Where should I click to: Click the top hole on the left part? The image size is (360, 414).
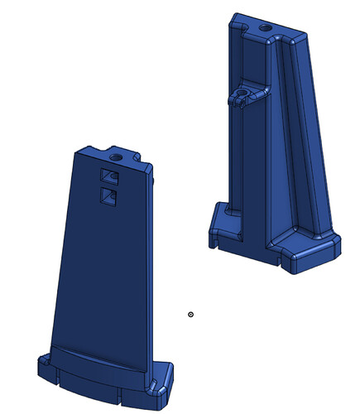[x=116, y=155]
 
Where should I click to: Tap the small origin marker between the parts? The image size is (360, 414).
[x=191, y=314]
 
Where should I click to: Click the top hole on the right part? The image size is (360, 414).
[x=265, y=27]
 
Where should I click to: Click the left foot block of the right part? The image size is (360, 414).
[x=221, y=224]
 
